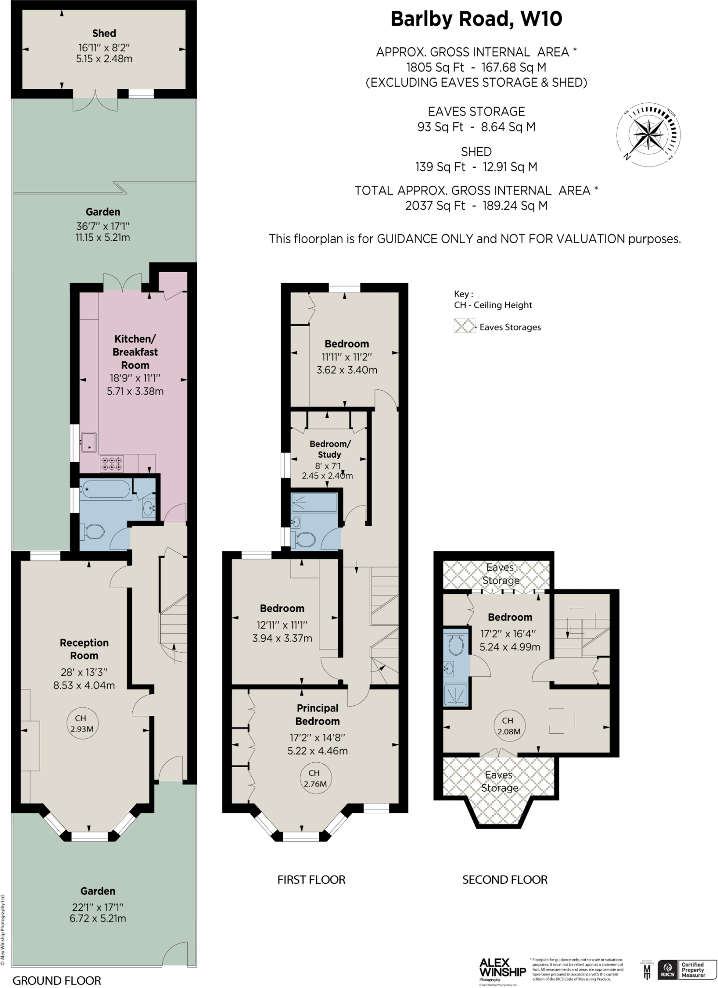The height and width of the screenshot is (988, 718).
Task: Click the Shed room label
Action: pos(104,33)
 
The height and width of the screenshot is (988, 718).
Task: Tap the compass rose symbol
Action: pos(648,135)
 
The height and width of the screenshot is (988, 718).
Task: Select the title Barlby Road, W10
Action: pos(476,19)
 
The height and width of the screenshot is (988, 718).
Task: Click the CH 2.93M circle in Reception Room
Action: pos(82,724)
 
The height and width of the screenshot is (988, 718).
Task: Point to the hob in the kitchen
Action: pos(111,464)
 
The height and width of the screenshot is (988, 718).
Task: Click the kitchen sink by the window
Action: pos(89,442)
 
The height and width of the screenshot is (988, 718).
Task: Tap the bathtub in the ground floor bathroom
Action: pos(105,490)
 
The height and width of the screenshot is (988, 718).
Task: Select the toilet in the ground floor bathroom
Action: pos(94,533)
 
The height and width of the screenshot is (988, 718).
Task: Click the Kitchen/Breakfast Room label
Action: pos(135,352)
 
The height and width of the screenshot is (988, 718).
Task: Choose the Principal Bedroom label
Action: pos(317,714)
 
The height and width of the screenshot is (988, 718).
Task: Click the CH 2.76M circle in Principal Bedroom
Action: pos(315,779)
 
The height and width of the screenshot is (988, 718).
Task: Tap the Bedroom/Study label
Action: pos(330,449)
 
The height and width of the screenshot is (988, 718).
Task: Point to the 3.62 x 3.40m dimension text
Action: pos(346,370)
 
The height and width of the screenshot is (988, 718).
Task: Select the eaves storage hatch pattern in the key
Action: pos(464,326)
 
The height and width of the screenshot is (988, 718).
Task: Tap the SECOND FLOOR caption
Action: pos(505,879)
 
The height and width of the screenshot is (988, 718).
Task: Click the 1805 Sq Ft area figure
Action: pos(435,67)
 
